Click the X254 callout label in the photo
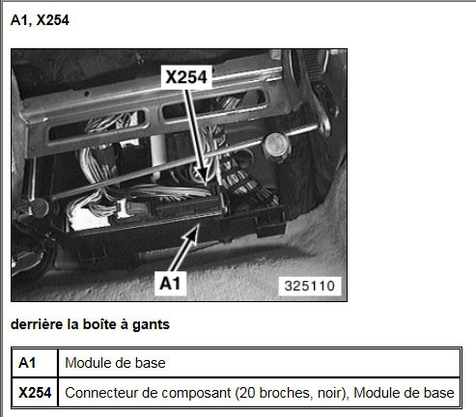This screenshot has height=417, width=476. tap(186, 77)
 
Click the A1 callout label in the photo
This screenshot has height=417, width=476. tap(170, 283)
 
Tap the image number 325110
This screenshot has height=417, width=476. tap(310, 286)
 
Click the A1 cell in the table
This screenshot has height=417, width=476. tap(27, 363)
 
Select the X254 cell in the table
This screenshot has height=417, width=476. tap(35, 393)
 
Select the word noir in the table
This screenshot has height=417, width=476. tap(331, 393)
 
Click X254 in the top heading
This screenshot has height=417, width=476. tap(53, 20)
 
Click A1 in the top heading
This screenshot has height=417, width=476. tap(20, 20)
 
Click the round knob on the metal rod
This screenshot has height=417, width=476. tap(276, 145)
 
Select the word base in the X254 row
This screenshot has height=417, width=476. tap(438, 393)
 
